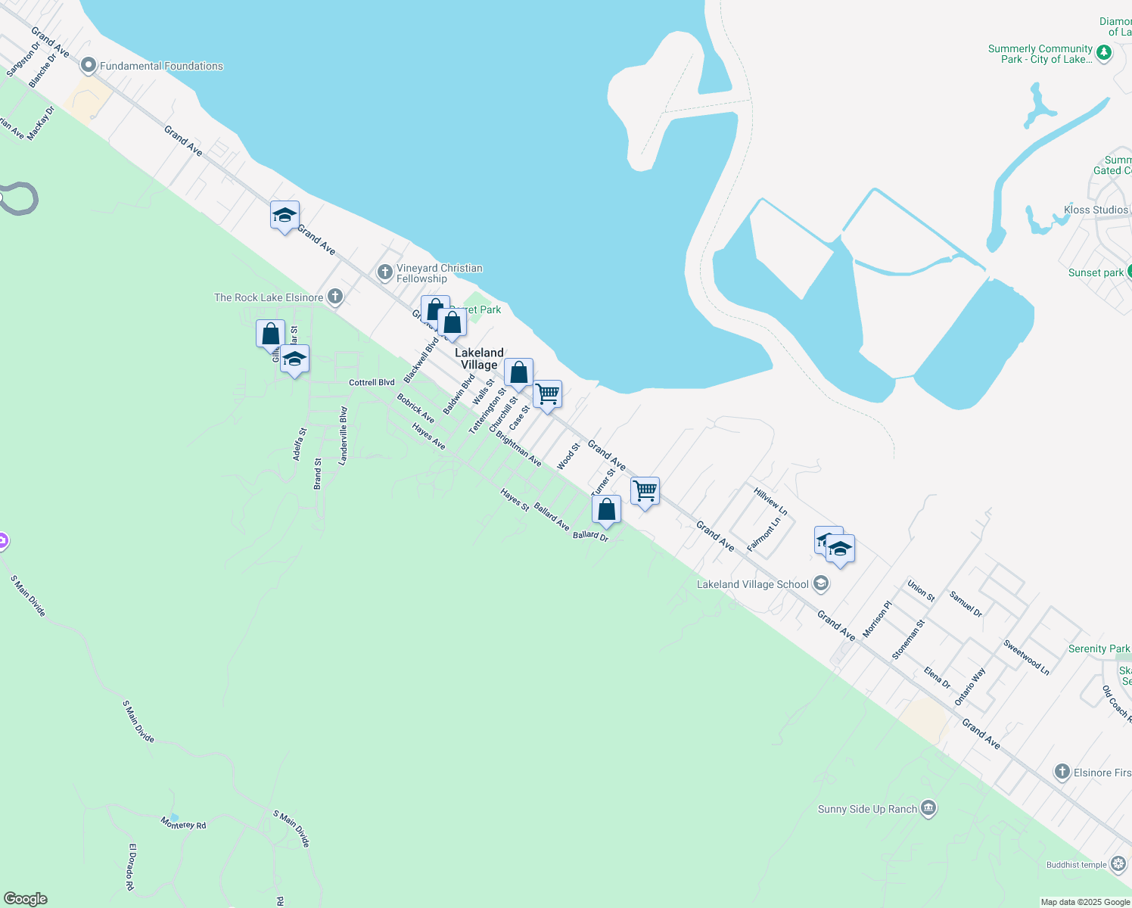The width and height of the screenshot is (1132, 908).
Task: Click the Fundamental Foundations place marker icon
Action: [89, 66]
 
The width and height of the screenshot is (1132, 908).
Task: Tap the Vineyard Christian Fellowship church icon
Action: [384, 272]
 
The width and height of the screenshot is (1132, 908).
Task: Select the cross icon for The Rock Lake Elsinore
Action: [334, 297]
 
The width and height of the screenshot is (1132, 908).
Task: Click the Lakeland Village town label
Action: [479, 359]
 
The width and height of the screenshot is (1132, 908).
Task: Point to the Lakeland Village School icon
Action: [821, 584]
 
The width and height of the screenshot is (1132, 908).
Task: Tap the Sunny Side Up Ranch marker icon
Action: [928, 809]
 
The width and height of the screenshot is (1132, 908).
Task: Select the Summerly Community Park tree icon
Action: [1104, 53]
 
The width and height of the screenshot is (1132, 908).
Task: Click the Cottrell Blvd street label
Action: [372, 383]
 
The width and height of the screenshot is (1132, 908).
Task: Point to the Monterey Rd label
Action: [183, 824]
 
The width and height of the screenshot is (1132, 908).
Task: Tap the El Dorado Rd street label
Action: [131, 866]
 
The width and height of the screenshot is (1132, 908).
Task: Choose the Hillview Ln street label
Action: [770, 502]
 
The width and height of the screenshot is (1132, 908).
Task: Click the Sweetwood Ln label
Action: [1026, 657]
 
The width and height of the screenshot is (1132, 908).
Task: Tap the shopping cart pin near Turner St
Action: [645, 491]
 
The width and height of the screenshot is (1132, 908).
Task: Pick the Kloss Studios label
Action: [1096, 210]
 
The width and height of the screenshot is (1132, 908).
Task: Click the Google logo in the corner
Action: [26, 899]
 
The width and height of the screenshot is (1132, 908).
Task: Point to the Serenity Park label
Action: [1099, 648]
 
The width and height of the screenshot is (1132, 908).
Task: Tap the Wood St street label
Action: [568, 456]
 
